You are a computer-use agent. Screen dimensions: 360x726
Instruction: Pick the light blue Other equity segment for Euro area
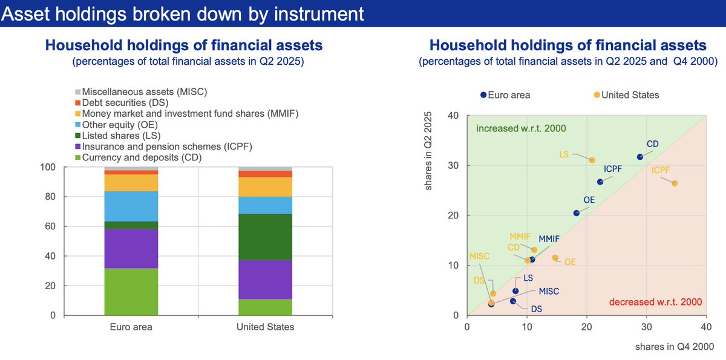click(131, 206)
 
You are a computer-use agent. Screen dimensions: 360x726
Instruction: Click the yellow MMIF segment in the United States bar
click(265, 187)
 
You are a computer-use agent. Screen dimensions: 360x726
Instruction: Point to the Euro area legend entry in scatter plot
click(506, 95)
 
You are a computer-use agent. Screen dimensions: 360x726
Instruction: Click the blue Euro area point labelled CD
click(639, 157)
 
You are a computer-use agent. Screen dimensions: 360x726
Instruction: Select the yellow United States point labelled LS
click(592, 160)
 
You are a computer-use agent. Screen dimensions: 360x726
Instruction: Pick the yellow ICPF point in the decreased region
click(675, 183)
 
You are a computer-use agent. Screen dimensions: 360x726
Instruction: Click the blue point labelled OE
click(576, 213)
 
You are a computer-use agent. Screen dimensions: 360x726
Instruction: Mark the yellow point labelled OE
click(555, 258)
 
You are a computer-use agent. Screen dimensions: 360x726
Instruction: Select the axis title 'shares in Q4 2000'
click(674, 347)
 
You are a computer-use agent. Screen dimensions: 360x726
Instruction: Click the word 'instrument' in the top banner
click(310, 13)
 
